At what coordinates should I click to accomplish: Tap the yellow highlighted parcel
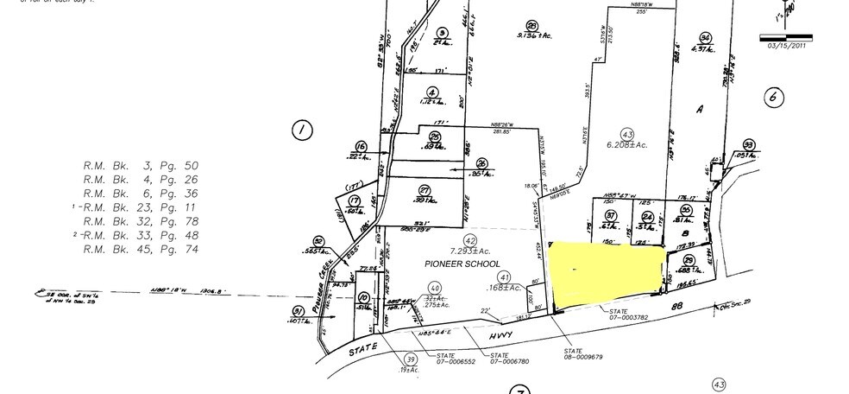(607, 272)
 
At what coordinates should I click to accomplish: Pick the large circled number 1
(301, 131)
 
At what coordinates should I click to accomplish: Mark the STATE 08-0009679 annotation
(584, 353)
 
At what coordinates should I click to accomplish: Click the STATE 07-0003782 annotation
(628, 314)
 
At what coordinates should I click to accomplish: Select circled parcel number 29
(689, 261)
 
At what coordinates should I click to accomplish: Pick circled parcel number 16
(361, 146)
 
